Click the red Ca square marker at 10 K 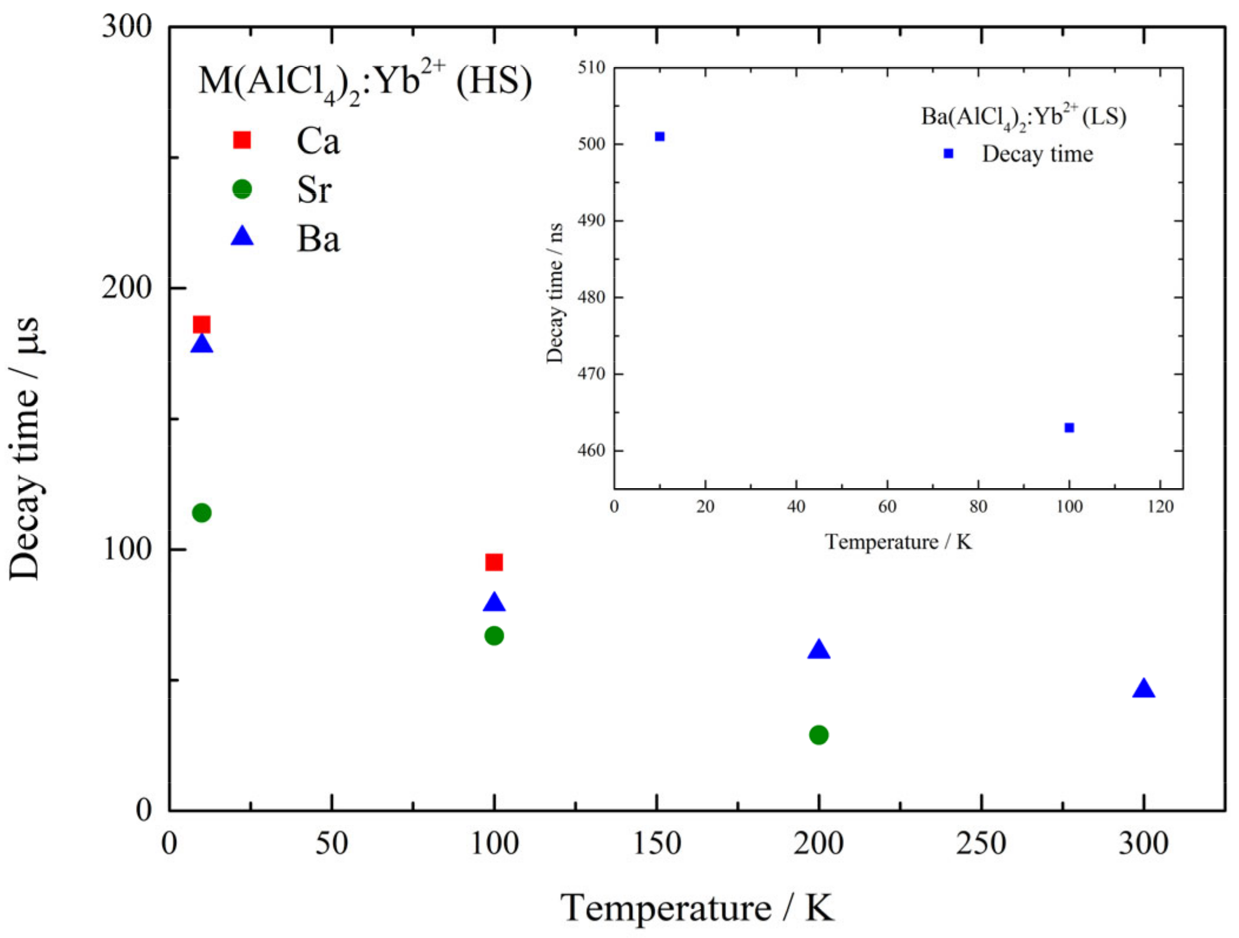[201, 324]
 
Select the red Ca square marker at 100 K [494, 562]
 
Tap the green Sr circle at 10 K [201, 513]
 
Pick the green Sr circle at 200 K [818, 735]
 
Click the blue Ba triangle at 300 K [1144, 689]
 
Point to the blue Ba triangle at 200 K [818, 650]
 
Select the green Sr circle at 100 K [494, 636]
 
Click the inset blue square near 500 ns [660, 137]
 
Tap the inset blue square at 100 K [1069, 427]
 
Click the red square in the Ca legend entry [242, 140]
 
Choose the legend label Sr [314, 190]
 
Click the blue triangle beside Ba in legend [242, 237]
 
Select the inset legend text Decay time [1037, 154]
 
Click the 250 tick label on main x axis [981, 843]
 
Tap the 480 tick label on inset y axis [591, 297]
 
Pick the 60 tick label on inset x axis [887, 506]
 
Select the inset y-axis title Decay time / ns [554, 293]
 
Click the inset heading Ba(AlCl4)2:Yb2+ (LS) [1023, 117]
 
